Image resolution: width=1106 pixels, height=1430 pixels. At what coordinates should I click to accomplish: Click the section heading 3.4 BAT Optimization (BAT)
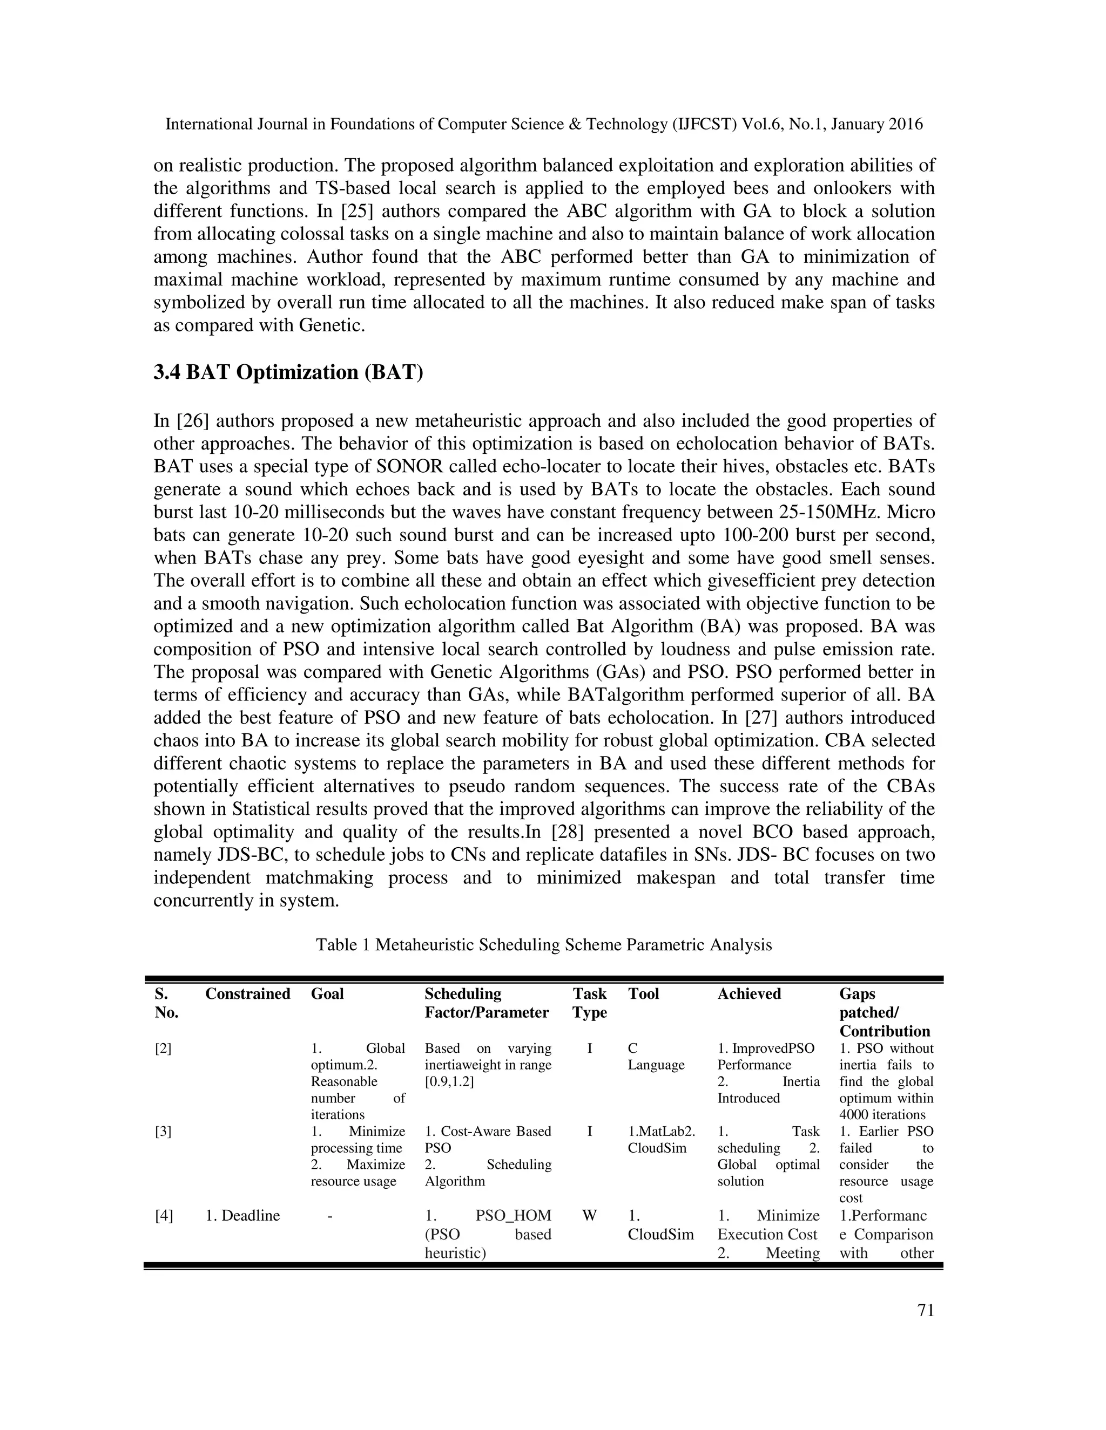coord(288,372)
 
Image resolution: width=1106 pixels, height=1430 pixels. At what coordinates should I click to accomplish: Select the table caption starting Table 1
coord(544,945)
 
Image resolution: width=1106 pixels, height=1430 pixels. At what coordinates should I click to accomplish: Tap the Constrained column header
coord(248,994)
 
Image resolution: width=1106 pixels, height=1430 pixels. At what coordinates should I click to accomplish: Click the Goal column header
coord(327,994)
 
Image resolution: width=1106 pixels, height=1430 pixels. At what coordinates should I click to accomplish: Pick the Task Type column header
coord(590,1003)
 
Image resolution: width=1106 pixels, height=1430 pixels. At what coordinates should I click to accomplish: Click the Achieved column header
coord(749,994)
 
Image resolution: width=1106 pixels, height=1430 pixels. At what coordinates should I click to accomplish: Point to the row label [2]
coord(163,1048)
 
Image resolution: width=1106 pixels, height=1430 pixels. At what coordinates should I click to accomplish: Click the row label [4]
coord(164,1216)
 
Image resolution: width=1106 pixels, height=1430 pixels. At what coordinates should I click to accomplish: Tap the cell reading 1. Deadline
coord(242,1216)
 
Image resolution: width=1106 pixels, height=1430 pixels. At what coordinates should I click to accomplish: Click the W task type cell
coord(589,1216)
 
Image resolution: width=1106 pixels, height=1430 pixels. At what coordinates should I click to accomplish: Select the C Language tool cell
coord(655,1056)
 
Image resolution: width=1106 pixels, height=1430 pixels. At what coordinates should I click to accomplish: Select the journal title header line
coord(544,125)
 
